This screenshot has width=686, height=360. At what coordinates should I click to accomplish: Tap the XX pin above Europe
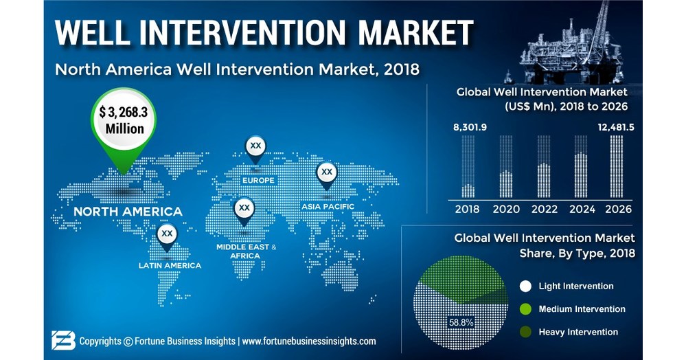tap(255, 147)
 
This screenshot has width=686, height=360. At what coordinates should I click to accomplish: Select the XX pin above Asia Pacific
tap(327, 172)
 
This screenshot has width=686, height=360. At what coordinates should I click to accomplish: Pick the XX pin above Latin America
tap(166, 235)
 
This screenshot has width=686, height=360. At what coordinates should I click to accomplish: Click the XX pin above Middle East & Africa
tap(244, 208)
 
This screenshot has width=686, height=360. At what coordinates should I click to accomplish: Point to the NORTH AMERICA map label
tap(128, 212)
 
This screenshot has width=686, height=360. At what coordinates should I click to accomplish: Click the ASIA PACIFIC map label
tap(328, 207)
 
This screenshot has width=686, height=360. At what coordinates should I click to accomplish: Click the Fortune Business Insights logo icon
tap(63, 340)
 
